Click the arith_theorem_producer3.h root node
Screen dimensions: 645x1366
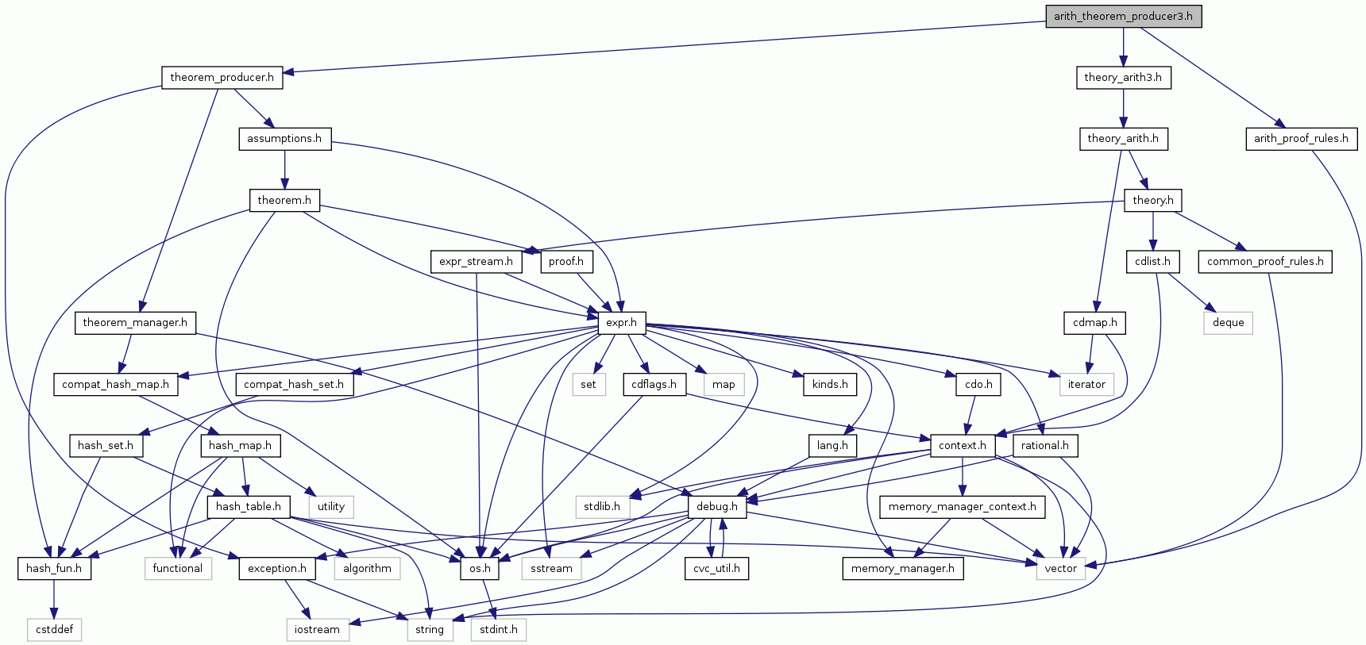coord(1123,16)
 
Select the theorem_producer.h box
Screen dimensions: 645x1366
coord(222,77)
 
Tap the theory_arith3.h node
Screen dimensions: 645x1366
coord(1122,77)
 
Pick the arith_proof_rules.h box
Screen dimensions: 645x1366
coord(1300,138)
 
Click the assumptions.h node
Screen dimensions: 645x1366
coord(284,138)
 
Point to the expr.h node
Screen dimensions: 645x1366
coord(621,322)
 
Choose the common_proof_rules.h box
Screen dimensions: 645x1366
coord(1265,261)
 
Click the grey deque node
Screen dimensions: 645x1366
coord(1228,322)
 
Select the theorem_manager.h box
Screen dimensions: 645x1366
coord(135,322)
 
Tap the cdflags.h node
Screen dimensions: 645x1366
coord(654,384)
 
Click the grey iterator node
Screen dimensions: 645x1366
coord(1086,384)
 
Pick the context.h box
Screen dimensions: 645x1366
coord(962,445)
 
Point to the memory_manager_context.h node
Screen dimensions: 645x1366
coord(962,506)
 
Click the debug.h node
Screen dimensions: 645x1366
coord(716,506)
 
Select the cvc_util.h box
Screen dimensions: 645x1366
coord(716,568)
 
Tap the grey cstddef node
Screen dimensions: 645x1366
coord(55,629)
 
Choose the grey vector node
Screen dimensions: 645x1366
coord(1060,568)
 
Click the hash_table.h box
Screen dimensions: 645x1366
coord(248,506)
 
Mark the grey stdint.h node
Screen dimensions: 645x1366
coord(498,629)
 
